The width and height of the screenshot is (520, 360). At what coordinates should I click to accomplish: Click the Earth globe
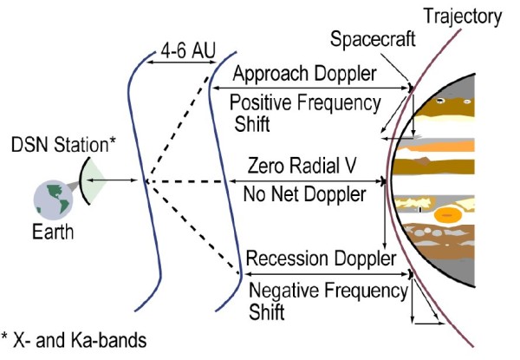point(53,200)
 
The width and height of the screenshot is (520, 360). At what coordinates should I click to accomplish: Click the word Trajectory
point(463,16)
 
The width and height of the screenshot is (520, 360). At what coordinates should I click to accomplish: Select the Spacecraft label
point(373,39)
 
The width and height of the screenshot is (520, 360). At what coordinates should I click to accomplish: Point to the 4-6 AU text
point(188,50)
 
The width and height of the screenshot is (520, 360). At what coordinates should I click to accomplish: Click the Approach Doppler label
point(305,74)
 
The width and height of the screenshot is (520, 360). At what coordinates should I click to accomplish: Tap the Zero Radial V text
point(302,165)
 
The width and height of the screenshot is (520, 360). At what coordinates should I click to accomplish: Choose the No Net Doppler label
point(305,194)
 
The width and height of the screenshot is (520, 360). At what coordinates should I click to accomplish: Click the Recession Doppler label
point(321,259)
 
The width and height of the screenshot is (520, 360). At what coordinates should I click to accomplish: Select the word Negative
point(284,290)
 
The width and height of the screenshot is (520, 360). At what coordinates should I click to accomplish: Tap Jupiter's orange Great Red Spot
point(448,215)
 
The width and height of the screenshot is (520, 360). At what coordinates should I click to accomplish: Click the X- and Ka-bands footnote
point(74,339)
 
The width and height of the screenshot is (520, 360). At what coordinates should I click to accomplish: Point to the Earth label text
point(53,232)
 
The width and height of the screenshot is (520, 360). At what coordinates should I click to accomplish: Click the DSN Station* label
point(63,145)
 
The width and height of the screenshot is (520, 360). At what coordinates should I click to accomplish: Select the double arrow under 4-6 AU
point(181,62)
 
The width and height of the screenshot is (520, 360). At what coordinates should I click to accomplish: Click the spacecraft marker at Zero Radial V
point(384,181)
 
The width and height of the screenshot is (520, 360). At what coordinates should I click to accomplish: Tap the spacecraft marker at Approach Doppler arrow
point(411,88)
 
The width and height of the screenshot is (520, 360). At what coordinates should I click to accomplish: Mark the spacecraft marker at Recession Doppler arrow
point(411,274)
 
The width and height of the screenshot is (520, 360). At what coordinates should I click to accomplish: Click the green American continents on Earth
point(56,198)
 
